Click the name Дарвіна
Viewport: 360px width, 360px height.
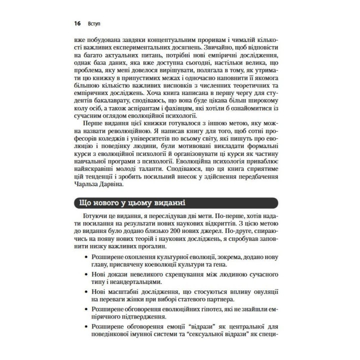[105, 185]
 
